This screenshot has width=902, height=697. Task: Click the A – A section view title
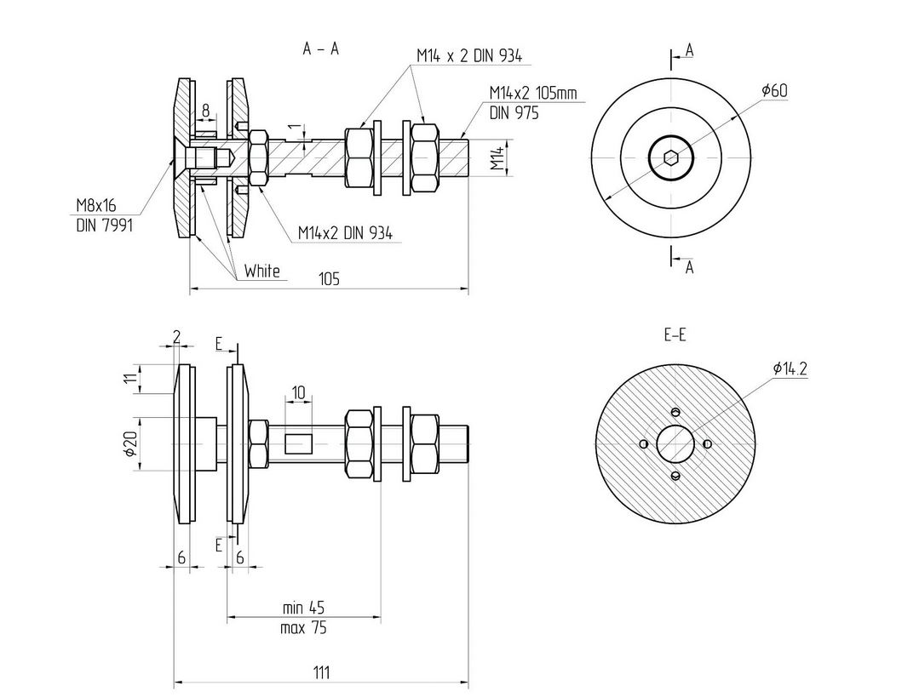pyautogui.click(x=321, y=49)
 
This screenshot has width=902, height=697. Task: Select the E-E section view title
pyautogui.click(x=675, y=335)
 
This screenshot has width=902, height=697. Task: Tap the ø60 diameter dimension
pyautogui.click(x=774, y=90)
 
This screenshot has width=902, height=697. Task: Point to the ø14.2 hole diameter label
pyautogui.click(x=790, y=368)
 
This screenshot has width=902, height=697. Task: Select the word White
pyautogui.click(x=261, y=271)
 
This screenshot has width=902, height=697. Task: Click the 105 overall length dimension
pyautogui.click(x=329, y=279)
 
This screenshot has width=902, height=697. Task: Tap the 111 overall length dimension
pyautogui.click(x=320, y=672)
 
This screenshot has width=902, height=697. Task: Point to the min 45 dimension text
pyautogui.click(x=304, y=608)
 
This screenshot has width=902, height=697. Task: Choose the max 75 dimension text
pyautogui.click(x=304, y=629)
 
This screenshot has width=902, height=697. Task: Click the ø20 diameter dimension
pyautogui.click(x=130, y=443)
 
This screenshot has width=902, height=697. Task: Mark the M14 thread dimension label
pyautogui.click(x=500, y=158)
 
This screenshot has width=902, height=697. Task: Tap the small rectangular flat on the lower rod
pyautogui.click(x=299, y=443)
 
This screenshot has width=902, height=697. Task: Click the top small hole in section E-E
pyautogui.click(x=675, y=413)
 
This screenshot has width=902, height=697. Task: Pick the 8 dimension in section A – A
pyautogui.click(x=205, y=110)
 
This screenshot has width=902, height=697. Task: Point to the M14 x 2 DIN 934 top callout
pyautogui.click(x=468, y=55)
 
